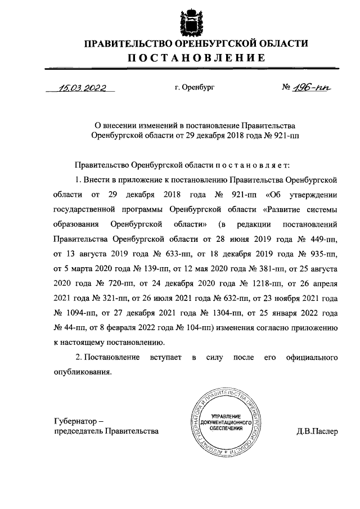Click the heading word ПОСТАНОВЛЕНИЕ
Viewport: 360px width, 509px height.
(196, 57)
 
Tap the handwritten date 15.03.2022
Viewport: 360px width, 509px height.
(82, 87)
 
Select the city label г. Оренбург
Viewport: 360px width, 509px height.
(195, 88)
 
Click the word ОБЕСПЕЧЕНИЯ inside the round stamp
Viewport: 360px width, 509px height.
(224, 428)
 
